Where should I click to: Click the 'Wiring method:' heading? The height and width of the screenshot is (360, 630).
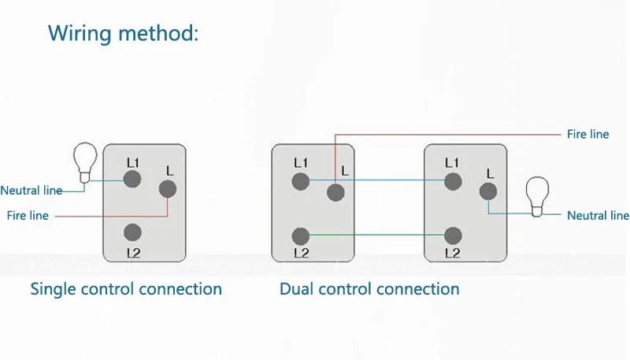124,33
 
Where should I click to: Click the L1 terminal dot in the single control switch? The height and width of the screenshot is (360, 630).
132,180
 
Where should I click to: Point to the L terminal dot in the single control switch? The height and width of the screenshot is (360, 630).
168,189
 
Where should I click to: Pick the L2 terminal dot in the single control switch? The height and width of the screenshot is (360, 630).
132,232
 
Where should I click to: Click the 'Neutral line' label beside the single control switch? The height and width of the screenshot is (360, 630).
31,191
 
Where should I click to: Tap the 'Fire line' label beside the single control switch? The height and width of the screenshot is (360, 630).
28,215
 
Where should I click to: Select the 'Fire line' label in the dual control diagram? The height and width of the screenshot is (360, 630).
587,135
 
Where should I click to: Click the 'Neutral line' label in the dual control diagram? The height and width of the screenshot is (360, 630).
598,215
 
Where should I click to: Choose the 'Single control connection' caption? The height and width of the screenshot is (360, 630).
126,289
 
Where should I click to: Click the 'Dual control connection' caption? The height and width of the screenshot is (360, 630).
369,289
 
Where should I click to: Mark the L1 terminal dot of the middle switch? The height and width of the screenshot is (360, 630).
300,181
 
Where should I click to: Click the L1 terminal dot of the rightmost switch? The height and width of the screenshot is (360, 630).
452,181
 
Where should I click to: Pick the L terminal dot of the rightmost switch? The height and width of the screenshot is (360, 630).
488,191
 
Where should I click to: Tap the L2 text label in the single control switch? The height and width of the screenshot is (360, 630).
132,253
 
